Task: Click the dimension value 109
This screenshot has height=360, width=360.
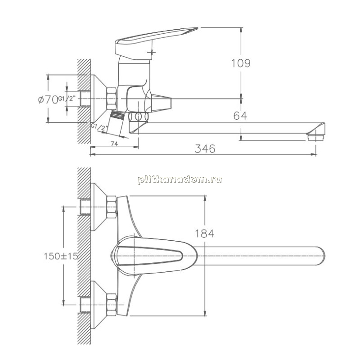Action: pyautogui.click(x=241, y=63)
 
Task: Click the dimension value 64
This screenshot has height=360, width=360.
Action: pyautogui.click(x=240, y=116)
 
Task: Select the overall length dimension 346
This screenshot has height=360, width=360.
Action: pyautogui.click(x=205, y=149)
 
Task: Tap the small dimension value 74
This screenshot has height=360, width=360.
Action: pyautogui.click(x=114, y=144)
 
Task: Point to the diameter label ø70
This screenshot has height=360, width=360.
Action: pyautogui.click(x=48, y=99)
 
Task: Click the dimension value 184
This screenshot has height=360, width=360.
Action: pyautogui.click(x=204, y=234)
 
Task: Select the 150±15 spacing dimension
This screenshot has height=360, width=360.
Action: pyautogui.click(x=61, y=256)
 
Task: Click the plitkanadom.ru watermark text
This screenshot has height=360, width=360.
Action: pyautogui.click(x=180, y=179)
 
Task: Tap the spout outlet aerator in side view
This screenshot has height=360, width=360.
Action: pyautogui.click(x=315, y=137)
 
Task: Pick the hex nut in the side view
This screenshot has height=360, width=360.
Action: pyautogui.click(x=112, y=99)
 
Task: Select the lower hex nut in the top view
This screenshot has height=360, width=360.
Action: pyautogui.click(x=112, y=305)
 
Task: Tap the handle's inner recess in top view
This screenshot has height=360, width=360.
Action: pyautogui.click(x=149, y=256)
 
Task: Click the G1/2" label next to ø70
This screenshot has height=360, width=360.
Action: pyautogui.click(x=67, y=99)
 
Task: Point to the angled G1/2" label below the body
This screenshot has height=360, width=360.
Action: pyautogui.click(x=99, y=127)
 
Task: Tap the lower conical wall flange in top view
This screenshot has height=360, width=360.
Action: pyautogui.click(x=99, y=305)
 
